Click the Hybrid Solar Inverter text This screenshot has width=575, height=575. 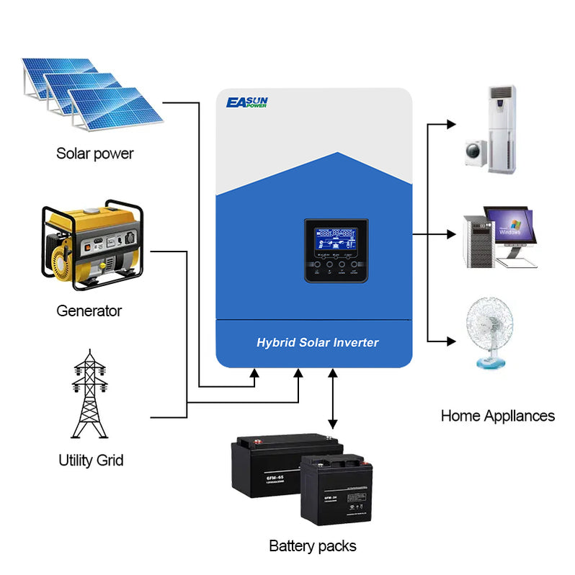(317, 342)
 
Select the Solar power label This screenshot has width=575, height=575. (95, 153)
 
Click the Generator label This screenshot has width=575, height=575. (89, 311)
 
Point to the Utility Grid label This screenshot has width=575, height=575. (91, 460)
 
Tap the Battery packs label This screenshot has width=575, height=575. (312, 545)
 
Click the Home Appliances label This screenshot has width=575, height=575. (497, 416)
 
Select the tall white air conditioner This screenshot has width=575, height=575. (502, 129)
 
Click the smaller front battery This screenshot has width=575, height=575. (336, 489)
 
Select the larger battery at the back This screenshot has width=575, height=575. (274, 464)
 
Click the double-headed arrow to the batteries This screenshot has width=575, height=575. (332, 400)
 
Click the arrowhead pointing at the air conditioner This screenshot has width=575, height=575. (451, 124)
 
